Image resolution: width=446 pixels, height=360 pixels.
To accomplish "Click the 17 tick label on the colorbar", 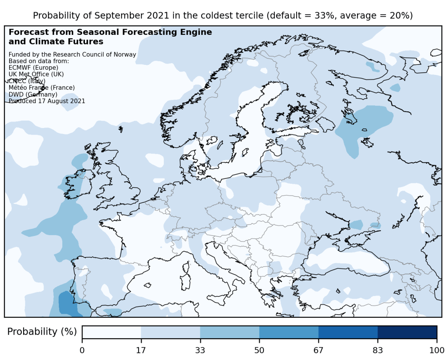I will pos(141,350).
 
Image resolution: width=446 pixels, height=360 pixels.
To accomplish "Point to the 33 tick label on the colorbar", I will pos(200,350).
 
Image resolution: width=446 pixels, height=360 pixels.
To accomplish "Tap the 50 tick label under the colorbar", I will pos(259,350).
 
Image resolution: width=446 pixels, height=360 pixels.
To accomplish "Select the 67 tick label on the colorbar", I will pos(318,350).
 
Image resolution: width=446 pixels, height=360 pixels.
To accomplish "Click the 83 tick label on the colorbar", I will pos(378,350).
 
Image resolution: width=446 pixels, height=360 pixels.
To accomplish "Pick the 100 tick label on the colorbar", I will pos(436,350).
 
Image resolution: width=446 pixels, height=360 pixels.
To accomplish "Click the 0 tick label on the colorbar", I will pos(82,350).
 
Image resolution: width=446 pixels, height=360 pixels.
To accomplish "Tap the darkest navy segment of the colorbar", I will pos(407,332).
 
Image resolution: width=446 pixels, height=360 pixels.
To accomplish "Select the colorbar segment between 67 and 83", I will pos(348,332).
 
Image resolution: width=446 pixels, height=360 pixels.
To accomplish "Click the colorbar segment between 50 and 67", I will pos(289,332).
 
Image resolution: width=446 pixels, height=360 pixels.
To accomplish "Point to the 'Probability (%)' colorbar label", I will pos(42,332).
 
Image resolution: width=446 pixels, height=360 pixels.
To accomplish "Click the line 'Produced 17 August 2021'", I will pos(47,101).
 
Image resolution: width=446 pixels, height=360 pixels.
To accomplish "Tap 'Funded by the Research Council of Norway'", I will pos(72,54).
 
